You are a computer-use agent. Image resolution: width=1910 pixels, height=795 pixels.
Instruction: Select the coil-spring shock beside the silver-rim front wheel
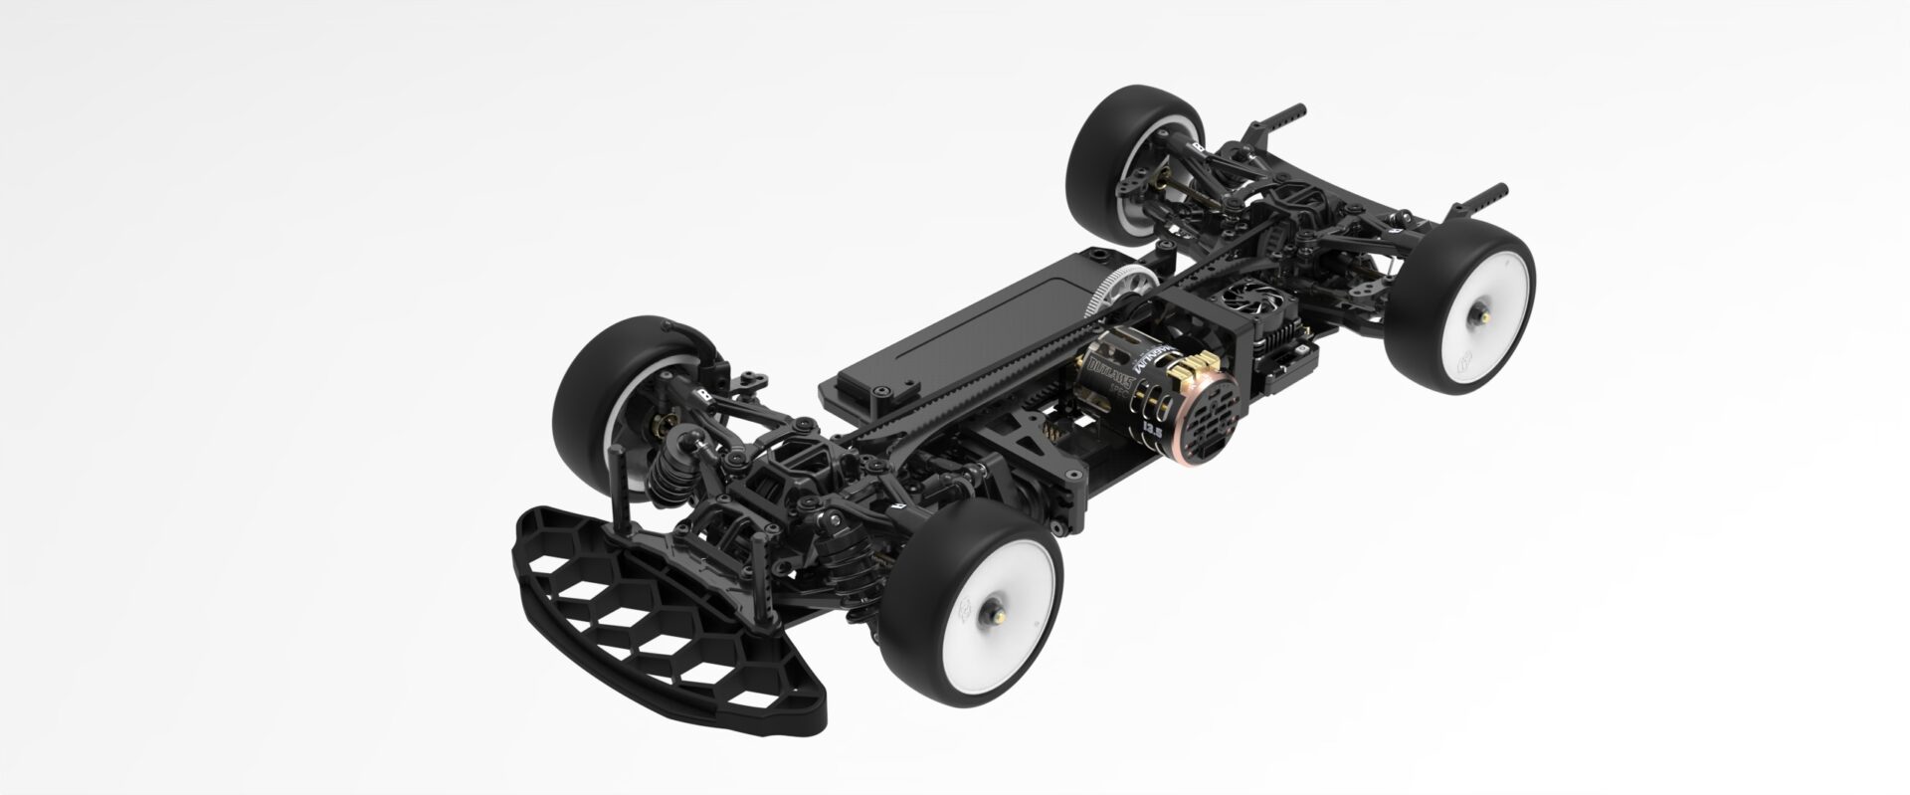664,468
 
